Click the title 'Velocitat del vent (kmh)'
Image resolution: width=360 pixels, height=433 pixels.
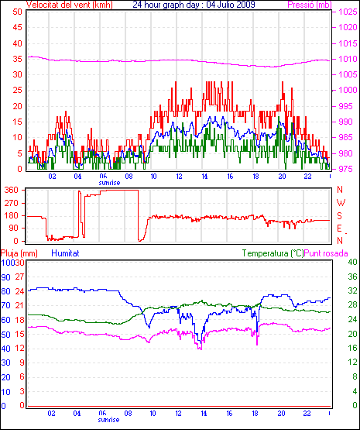click(x=70, y=5)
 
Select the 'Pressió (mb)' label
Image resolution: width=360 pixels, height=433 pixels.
click(x=310, y=5)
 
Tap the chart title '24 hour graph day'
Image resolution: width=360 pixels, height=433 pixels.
click(x=166, y=5)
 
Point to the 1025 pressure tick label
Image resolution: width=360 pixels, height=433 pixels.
click(x=348, y=12)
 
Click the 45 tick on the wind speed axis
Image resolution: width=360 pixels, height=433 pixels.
click(x=17, y=27)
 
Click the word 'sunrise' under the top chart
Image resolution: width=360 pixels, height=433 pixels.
click(x=109, y=183)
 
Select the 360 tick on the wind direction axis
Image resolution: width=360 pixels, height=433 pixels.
click(x=12, y=190)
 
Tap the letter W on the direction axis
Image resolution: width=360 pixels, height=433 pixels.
click(x=341, y=203)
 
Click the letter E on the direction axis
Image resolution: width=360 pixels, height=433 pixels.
click(x=339, y=229)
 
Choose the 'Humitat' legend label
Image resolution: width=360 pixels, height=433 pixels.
click(x=66, y=253)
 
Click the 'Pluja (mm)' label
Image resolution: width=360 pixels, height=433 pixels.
click(x=19, y=253)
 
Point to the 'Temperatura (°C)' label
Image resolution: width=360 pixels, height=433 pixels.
click(x=273, y=253)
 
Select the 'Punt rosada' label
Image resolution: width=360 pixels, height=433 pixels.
click(x=326, y=253)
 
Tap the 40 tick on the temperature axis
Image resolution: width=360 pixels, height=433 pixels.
click(x=352, y=262)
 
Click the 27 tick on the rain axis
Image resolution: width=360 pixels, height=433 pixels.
click(x=19, y=277)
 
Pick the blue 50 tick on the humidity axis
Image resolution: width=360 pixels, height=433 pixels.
click(x=5, y=335)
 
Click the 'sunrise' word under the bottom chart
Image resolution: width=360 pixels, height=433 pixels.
click(x=108, y=420)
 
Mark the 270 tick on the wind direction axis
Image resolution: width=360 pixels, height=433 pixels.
click(x=12, y=203)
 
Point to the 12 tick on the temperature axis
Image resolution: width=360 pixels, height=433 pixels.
click(x=352, y=362)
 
